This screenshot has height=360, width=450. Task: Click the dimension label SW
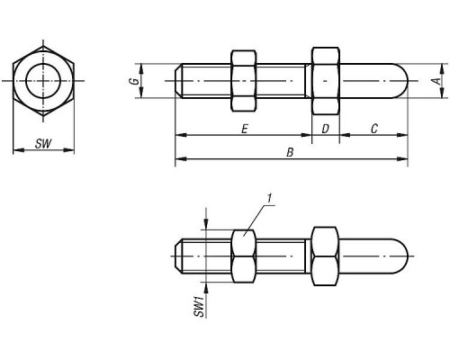tap(43, 144)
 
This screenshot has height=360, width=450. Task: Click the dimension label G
tap(136, 81)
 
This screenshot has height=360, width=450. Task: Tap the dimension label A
tap(437, 81)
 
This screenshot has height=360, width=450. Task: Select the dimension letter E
tap(245, 129)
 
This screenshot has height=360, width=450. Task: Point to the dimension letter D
tap(325, 129)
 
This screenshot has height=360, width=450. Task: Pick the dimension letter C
tap(374, 129)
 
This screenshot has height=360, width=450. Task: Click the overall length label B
tap(290, 152)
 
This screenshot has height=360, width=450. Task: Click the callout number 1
tap(269, 199)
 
